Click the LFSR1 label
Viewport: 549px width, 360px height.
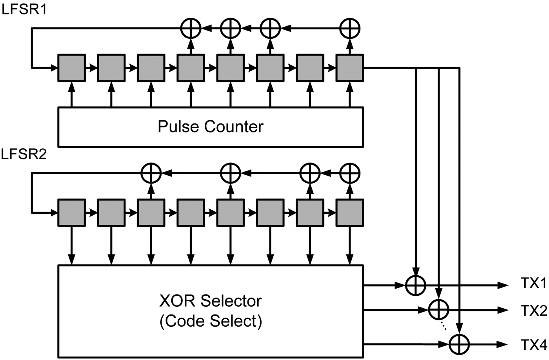tap(24, 9)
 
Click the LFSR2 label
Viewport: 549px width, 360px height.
tap(24, 154)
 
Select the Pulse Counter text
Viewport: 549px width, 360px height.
tap(210, 127)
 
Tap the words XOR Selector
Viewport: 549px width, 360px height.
tap(210, 301)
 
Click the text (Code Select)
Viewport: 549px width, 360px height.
tap(210, 321)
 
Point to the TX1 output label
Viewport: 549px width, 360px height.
tap(533, 284)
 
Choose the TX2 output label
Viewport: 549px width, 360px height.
tap(533, 311)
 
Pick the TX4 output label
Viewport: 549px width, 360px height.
tap(533, 345)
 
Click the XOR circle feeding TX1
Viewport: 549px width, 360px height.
tap(415, 285)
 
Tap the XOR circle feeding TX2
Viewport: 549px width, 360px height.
tap(438, 310)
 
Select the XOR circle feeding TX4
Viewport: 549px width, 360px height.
tap(459, 344)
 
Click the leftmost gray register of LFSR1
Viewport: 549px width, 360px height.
tap(71, 68)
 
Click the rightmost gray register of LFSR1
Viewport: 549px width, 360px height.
tap(349, 68)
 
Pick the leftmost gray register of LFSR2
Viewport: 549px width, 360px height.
tap(71, 213)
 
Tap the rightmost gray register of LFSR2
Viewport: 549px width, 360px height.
tap(349, 213)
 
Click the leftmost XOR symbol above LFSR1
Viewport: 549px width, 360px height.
tap(191, 28)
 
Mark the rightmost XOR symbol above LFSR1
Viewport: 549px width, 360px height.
tap(349, 28)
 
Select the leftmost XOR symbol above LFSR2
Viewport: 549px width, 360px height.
tap(151, 173)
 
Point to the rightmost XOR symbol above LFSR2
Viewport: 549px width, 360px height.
tap(349, 173)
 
